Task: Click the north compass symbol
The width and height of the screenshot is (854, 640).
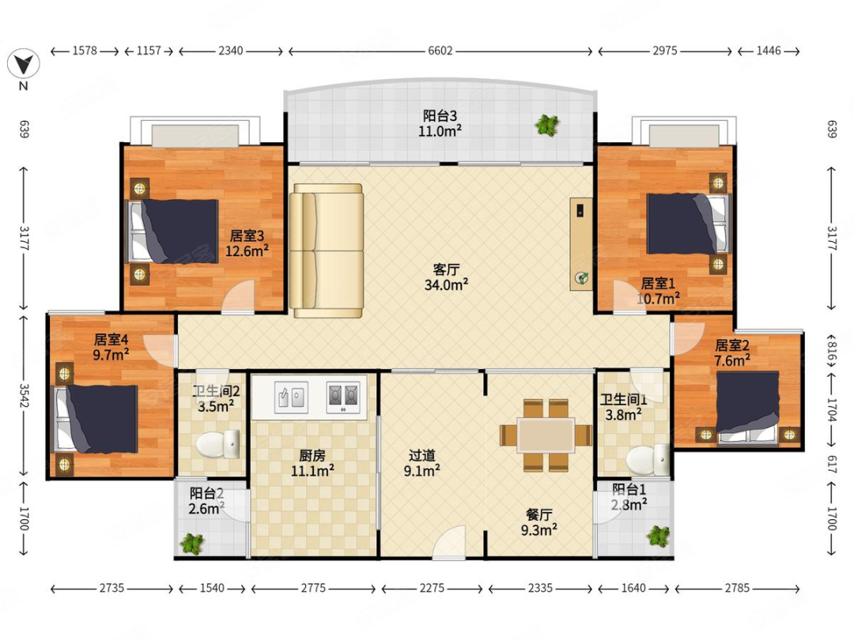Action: (24, 64)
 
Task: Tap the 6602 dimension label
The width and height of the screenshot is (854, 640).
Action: (440, 51)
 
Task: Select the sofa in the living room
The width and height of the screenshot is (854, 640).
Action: (327, 250)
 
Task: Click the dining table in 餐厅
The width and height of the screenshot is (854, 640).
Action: (546, 435)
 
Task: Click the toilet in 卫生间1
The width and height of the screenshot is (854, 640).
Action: (648, 459)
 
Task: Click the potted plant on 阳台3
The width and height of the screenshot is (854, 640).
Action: (547, 126)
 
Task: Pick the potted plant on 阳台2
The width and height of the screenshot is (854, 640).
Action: (192, 543)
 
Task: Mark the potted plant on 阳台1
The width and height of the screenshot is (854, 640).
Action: (658, 536)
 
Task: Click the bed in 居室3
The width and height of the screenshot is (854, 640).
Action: (172, 231)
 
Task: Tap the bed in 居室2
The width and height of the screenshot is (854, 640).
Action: (747, 407)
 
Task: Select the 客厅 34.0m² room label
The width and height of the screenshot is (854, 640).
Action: (446, 277)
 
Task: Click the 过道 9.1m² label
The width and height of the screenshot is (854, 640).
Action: (422, 462)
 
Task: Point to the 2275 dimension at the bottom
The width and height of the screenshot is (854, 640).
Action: (432, 589)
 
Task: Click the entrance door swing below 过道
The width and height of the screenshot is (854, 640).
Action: (449, 542)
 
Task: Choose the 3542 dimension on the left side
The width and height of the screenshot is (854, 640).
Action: (24, 396)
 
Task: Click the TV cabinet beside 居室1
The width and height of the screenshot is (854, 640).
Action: (581, 244)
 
